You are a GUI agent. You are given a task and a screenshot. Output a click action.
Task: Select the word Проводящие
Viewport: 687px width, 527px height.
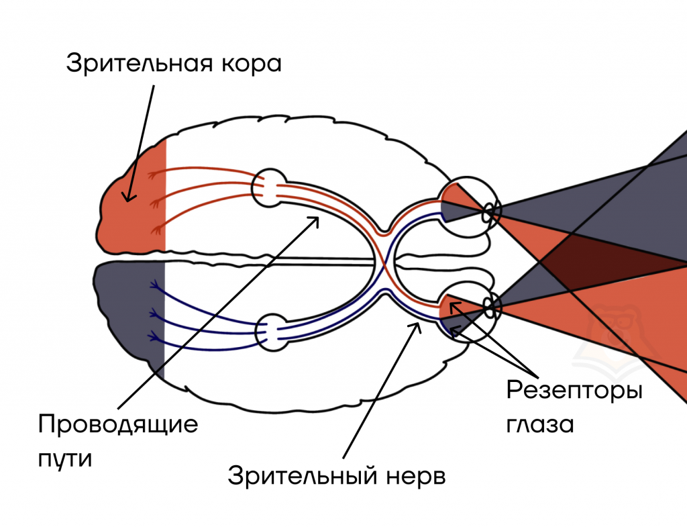pos(118,425)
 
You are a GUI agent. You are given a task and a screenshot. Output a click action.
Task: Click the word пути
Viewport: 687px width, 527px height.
pos(64,459)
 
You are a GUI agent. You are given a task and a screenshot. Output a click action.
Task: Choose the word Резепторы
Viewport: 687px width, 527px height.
pos(574,391)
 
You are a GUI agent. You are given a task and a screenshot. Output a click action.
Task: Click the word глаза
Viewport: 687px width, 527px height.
pos(539,425)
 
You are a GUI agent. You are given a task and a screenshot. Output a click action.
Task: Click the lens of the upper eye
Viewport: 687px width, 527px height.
pos(492,213)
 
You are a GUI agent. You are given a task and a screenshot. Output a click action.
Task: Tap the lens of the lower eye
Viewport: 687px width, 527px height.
pos(491,307)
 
